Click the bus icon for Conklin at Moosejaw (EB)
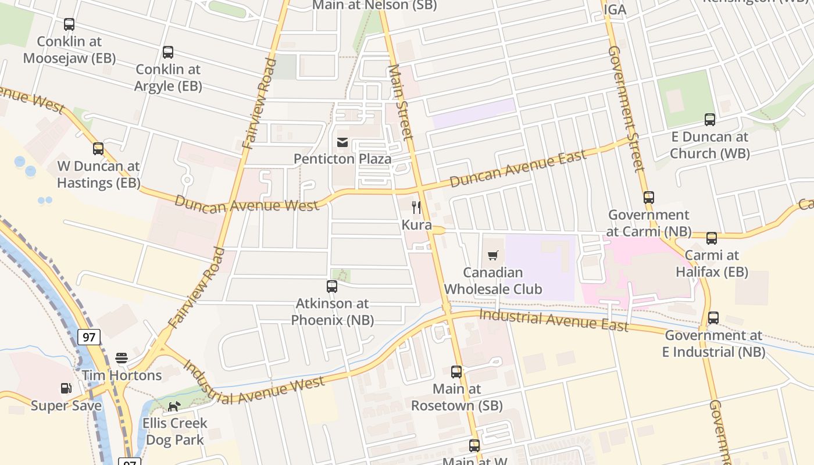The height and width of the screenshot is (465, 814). click(69, 24)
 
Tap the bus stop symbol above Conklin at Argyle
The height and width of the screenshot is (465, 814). click(168, 52)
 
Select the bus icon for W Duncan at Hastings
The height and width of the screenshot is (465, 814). click(98, 149)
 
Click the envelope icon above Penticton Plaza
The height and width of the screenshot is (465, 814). click(342, 142)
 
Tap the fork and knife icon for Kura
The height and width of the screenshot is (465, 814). click(416, 208)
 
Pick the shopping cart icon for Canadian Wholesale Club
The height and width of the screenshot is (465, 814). click(493, 255)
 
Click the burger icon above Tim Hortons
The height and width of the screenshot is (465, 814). click(122, 357)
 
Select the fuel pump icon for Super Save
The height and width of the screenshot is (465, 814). click(66, 388)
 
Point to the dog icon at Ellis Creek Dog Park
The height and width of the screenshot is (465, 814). click(174, 406)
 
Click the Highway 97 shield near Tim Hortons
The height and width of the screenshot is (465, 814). click(89, 337)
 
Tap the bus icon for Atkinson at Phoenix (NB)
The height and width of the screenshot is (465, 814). click(332, 286)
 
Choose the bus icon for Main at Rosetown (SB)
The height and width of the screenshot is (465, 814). click(456, 371)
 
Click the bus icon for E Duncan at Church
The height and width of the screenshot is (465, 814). click(710, 120)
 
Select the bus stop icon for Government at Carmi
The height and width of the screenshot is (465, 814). click(649, 198)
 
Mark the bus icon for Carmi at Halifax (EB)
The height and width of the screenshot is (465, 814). click(712, 238)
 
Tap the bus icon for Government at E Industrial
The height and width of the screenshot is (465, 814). click(713, 318)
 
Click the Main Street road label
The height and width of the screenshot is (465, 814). click(401, 102)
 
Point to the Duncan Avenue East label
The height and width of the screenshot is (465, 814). click(518, 169)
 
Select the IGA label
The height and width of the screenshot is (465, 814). click(615, 10)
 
